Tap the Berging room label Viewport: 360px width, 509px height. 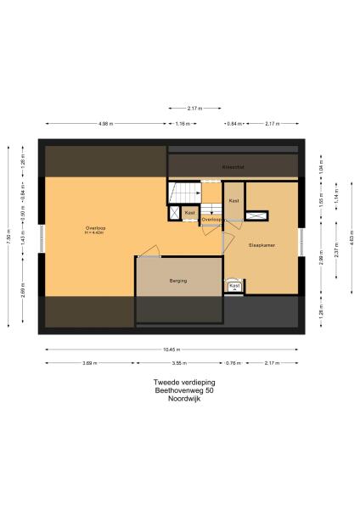[x=177, y=281]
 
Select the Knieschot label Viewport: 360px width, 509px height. [x=233, y=167]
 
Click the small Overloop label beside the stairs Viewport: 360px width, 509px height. [x=211, y=219]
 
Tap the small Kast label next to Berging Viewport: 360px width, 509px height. [x=233, y=286]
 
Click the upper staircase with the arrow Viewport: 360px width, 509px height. [x=183, y=192]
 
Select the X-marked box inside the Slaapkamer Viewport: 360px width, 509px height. [x=254, y=216]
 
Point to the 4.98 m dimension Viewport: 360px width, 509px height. [x=105, y=124]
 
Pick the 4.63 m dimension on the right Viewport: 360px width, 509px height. [x=351, y=240]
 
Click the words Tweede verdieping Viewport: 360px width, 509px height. [x=172, y=383]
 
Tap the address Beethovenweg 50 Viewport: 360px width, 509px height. [x=172, y=389]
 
